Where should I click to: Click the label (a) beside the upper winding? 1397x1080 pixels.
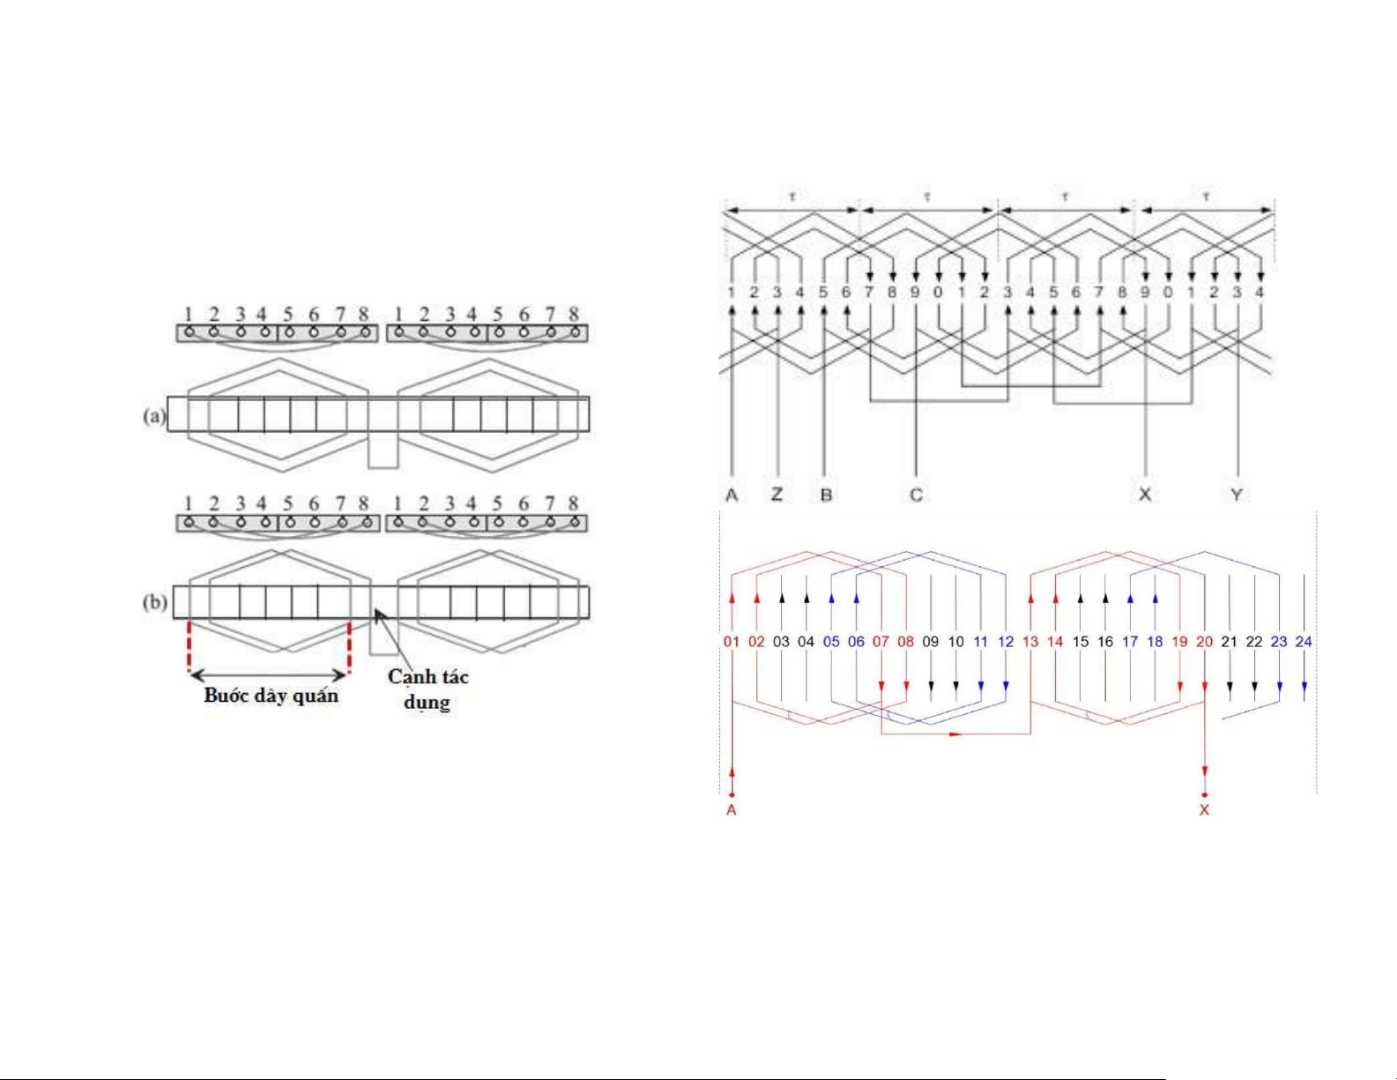pos(154,415)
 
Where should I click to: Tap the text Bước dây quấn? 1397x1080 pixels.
pos(271,696)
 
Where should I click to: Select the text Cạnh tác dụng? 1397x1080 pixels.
pos(428,689)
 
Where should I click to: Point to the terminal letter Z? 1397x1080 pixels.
pos(777,495)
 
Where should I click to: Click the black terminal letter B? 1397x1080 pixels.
pos(826,495)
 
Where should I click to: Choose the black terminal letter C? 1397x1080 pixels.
pos(917,495)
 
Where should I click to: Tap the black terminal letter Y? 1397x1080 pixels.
pos(1237,495)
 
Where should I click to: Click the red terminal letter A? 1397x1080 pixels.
pos(731,810)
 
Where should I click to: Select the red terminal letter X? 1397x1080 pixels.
pos(1205,810)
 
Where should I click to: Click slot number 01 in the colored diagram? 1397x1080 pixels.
pos(732,642)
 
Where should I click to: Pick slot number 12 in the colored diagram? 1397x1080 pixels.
pos(1006,642)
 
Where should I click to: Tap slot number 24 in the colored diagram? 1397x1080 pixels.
pos(1304,642)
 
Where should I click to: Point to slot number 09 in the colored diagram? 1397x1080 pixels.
pos(931,642)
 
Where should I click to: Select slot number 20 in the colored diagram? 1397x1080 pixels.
pos(1205,642)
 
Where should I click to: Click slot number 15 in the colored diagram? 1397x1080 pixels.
pos(1081,642)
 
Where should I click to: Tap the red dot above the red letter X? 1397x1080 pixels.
pos(1205,794)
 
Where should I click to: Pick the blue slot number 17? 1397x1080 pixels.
pos(1130,642)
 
